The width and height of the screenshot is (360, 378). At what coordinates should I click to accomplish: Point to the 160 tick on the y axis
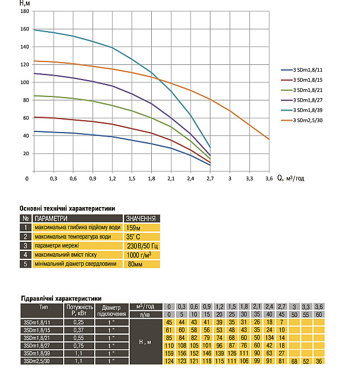[x=24, y=29]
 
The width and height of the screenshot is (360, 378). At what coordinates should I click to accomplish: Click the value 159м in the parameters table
[x=134, y=227]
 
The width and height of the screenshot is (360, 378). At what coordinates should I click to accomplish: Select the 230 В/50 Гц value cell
[x=141, y=245]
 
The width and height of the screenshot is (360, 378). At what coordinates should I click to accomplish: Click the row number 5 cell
[x=25, y=263]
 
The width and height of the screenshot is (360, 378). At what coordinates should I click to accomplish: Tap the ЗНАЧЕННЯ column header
[x=141, y=218]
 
